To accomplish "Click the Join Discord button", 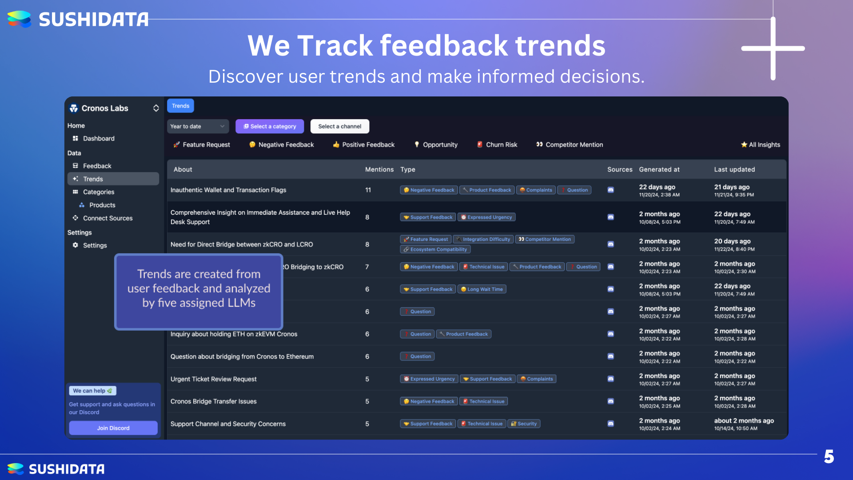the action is pos(113,428).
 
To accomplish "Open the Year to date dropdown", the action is pos(198,126).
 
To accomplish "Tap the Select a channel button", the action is pos(340,126).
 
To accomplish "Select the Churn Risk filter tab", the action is pos(497,144).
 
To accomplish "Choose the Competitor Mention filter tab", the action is pos(570,144).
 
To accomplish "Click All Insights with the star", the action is pos(761,144).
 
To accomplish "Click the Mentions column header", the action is pos(379,169).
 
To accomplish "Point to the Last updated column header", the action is pos(734,169).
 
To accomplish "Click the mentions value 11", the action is pos(368,190).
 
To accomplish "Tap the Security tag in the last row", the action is pos(524,424).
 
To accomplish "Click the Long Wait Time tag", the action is pos(482,289).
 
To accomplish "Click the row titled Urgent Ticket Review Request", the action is pos(214,379).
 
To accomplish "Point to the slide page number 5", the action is pos(829,456).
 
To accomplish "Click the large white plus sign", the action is pos(773,48).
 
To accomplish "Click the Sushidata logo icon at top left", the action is pos(20,19).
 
